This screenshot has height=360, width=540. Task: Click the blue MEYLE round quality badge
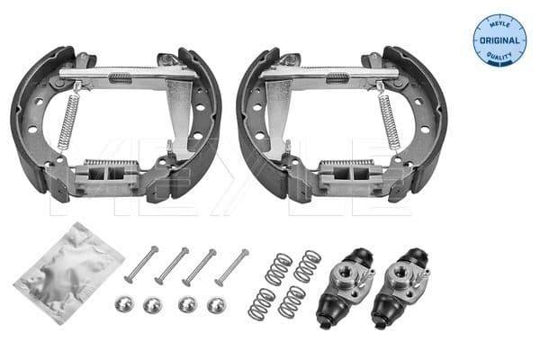[x=499, y=40]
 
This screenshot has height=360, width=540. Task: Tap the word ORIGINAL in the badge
[x=499, y=40]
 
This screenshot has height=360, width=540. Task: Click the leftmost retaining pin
[x=140, y=265]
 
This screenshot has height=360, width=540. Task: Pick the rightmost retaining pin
[x=231, y=267]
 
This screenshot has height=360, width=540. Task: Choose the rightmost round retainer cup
[x=215, y=305]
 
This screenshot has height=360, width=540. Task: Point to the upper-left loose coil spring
[x=278, y=267]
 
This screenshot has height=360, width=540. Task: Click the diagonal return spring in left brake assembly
[x=67, y=116]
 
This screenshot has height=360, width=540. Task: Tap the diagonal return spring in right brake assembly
[x=388, y=116]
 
